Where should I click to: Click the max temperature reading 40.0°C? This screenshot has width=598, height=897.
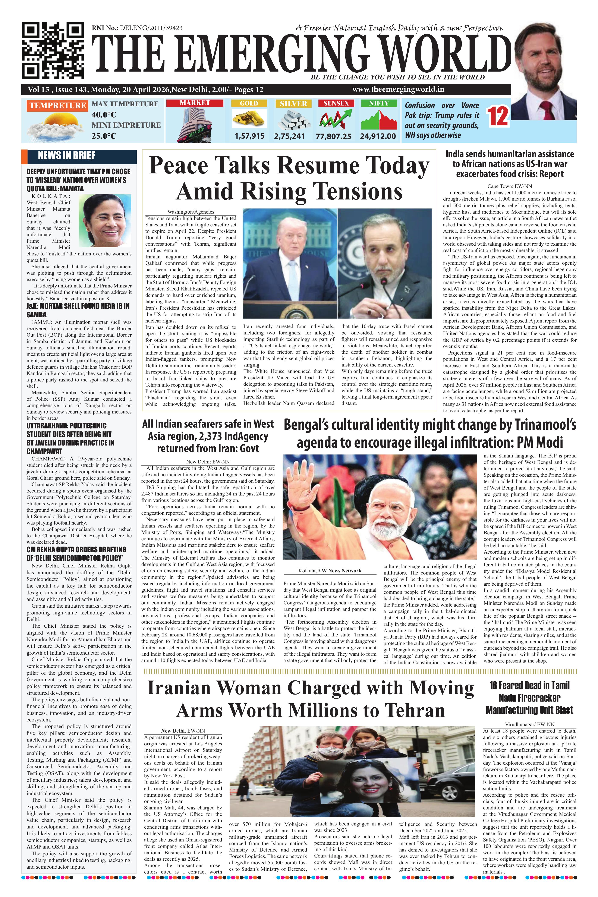coord(104,114)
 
